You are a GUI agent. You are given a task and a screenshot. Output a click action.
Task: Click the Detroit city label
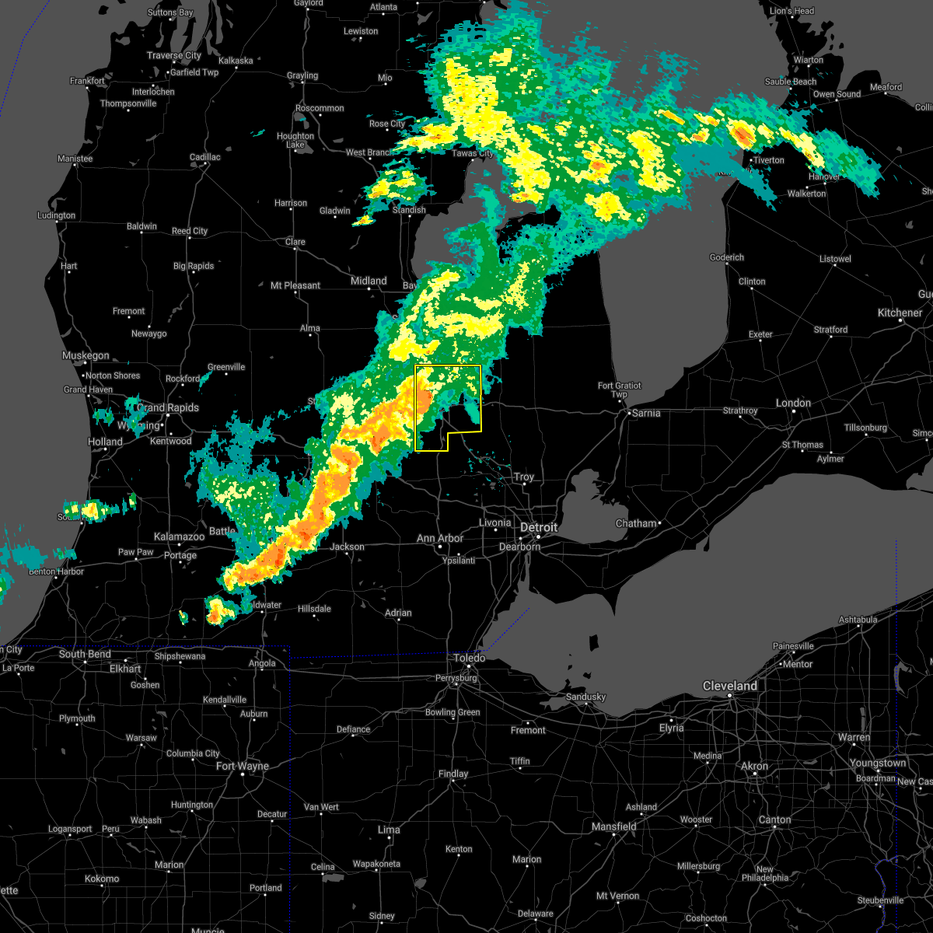pyautogui.click(x=539, y=528)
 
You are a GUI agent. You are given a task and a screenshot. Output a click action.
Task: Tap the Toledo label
pyautogui.click(x=470, y=658)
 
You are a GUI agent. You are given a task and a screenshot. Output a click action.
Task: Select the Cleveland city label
pyautogui.click(x=729, y=686)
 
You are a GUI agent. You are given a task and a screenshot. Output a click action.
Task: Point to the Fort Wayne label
pyautogui.click(x=242, y=766)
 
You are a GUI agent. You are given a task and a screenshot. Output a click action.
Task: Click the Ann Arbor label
pyautogui.click(x=439, y=538)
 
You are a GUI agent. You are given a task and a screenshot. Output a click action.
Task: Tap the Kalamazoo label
pyautogui.click(x=179, y=536)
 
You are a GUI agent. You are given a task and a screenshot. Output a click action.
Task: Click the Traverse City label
pyautogui.click(x=174, y=55)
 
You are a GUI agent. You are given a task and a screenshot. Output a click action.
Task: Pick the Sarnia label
pyautogui.click(x=645, y=413)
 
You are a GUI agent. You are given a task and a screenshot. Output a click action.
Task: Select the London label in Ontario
pyautogui.click(x=793, y=403)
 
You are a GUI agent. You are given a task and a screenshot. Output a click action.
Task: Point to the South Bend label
pyautogui.click(x=85, y=654)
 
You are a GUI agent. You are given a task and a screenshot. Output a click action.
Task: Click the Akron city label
pyautogui.click(x=754, y=766)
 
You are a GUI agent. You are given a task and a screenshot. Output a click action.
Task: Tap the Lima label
pyautogui.click(x=389, y=830)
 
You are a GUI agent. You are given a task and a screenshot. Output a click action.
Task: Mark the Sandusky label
pyautogui.click(x=585, y=697)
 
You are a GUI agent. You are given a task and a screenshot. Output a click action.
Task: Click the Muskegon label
pyautogui.click(x=86, y=355)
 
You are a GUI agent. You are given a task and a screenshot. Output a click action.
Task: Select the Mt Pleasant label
pyautogui.click(x=295, y=285)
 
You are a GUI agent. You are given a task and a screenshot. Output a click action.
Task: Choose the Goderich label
pyautogui.click(x=727, y=257)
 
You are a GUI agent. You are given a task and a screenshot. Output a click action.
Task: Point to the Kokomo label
pyautogui.click(x=102, y=879)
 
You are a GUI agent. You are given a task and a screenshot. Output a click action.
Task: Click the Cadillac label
pyautogui.click(x=205, y=157)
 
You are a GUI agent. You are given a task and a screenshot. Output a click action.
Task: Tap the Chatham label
pyautogui.click(x=636, y=523)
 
